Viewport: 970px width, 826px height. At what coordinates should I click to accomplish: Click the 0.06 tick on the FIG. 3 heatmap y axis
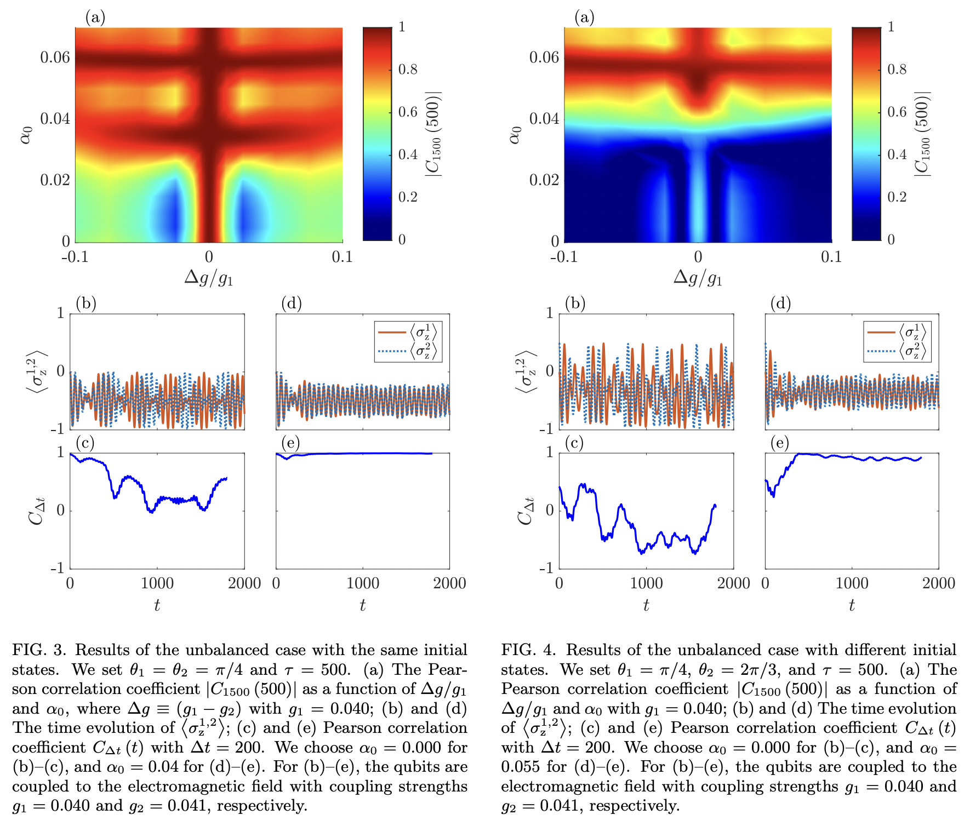click(x=55, y=57)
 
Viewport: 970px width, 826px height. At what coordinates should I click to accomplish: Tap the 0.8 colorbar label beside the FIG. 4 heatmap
click(x=897, y=70)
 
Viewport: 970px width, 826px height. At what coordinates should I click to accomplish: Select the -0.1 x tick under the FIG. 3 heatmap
click(x=75, y=257)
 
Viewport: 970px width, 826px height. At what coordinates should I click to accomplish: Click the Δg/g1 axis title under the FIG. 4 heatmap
click(x=698, y=278)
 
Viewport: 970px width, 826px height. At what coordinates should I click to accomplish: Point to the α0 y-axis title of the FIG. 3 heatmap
click(x=26, y=135)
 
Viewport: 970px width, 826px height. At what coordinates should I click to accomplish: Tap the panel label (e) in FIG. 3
click(x=290, y=443)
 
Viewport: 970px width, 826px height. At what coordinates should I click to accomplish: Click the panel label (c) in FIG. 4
click(x=573, y=443)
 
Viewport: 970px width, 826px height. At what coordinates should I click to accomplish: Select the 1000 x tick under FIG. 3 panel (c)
click(x=157, y=583)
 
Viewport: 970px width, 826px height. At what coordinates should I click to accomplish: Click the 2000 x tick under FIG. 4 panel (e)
click(x=938, y=583)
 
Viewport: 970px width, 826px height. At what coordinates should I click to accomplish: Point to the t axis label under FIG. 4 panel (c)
click(x=646, y=605)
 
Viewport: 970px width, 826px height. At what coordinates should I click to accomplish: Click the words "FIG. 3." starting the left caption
click(x=39, y=650)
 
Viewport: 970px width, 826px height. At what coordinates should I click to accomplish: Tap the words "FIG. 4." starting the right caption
click(x=528, y=650)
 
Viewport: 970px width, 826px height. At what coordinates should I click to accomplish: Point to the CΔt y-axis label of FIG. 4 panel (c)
click(x=526, y=510)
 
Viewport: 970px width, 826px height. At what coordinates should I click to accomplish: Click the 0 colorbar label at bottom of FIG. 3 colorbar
click(x=402, y=240)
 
